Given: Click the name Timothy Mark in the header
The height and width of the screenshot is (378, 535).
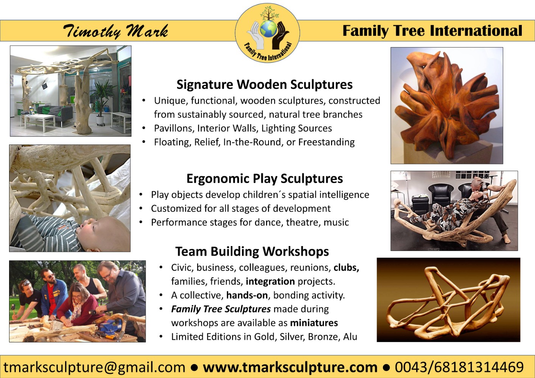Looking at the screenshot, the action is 116,31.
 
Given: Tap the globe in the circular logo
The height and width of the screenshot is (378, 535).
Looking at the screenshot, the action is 268,29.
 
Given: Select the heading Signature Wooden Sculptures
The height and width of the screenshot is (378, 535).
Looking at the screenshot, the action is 264,85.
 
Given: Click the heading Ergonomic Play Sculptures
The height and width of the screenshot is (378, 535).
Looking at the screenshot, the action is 264,179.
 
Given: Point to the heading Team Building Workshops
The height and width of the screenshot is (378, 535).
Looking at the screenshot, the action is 252,251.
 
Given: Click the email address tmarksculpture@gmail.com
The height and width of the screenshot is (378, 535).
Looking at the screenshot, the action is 94,367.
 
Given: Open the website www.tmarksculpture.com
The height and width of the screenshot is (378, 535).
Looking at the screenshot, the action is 290,367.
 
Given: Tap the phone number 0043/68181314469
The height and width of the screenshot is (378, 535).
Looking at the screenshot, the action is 459,367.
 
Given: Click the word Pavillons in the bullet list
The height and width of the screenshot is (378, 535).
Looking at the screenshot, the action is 174,129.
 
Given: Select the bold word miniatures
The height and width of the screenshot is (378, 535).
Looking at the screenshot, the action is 314,323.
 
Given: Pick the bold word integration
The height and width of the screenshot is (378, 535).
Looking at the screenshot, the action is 271,282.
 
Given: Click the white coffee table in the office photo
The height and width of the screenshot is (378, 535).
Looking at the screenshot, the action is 40,122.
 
